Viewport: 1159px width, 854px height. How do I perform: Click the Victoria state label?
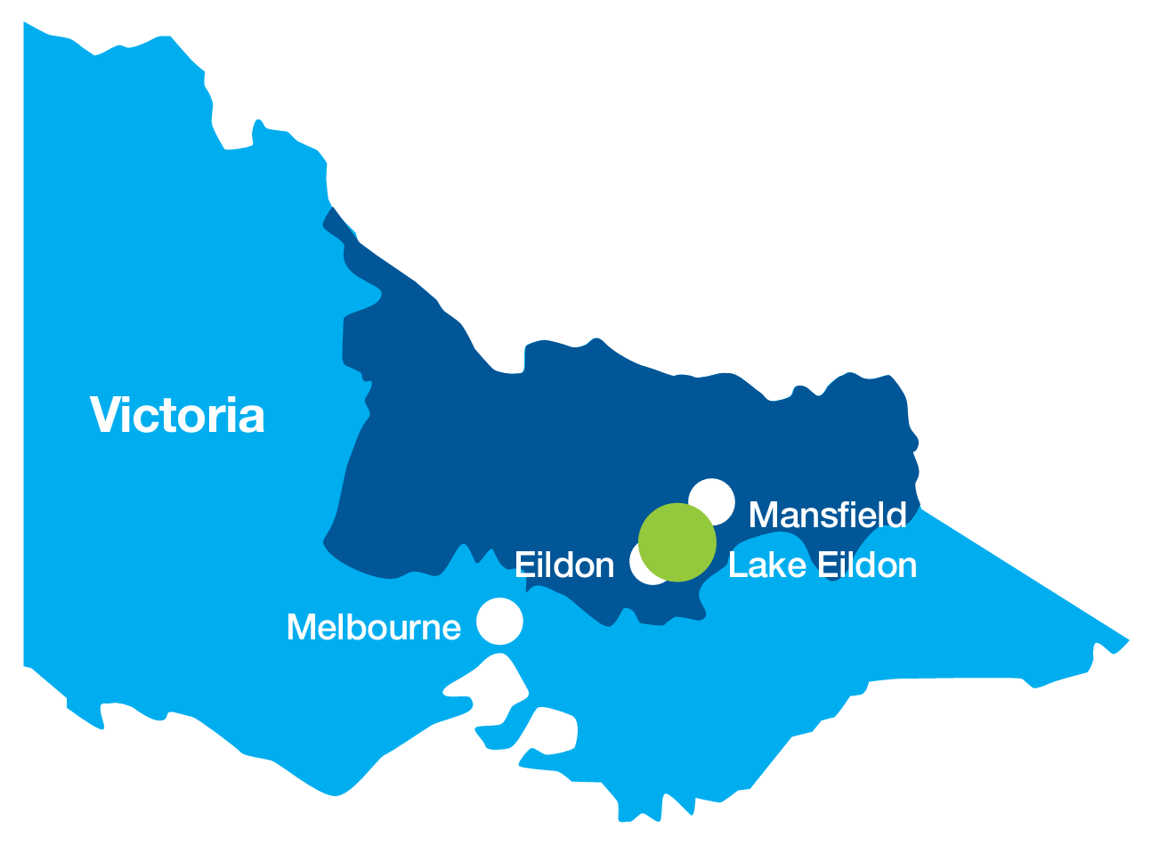[x=177, y=416]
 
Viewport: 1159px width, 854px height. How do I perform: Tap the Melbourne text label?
[x=374, y=628]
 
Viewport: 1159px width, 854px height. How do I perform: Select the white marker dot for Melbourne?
[x=499, y=621]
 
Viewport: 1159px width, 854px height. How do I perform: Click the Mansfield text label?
[x=827, y=515]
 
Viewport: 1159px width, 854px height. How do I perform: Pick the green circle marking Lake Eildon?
[x=677, y=542]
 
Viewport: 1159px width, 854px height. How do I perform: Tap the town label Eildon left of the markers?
[x=564, y=565]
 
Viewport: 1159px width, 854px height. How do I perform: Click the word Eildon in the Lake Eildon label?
[x=867, y=565]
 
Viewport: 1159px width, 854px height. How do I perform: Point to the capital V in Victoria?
[x=105, y=415]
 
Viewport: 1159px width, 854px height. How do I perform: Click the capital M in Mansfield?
[x=765, y=515]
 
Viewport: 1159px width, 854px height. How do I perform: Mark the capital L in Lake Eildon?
[x=736, y=565]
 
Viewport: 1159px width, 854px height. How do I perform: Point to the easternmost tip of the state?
[x=1128, y=640]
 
